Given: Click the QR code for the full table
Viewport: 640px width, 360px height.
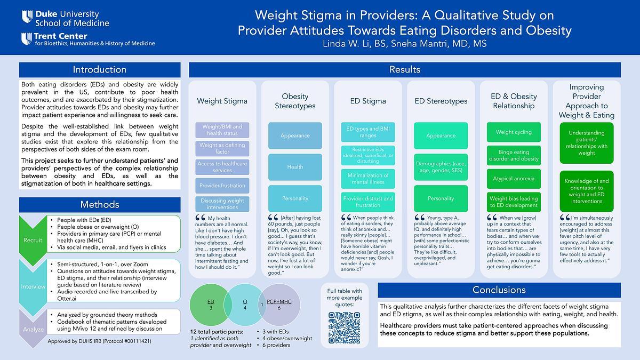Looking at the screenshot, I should pyautogui.click(x=345, y=327).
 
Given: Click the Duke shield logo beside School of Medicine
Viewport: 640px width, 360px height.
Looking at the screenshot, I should pyautogui.click(x=27, y=17).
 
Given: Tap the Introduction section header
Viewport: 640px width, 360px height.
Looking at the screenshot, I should pyautogui.click(x=100, y=70).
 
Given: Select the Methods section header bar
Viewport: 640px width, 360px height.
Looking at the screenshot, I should pyautogui.click(x=100, y=204).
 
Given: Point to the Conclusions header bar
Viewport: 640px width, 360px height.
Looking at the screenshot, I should pyautogui.click(x=499, y=290).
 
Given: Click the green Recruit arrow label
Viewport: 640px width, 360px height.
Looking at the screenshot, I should pyautogui.click(x=33, y=240).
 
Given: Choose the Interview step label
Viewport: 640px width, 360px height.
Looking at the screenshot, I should pyautogui.click(x=33, y=286).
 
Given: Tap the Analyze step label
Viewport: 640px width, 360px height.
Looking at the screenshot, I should pyautogui.click(x=33, y=330).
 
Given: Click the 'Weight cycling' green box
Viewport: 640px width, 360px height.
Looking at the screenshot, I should pyautogui.click(x=514, y=132).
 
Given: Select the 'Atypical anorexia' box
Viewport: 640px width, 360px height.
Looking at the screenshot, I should pyautogui.click(x=514, y=179).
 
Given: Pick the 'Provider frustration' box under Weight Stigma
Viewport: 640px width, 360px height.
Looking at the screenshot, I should pyautogui.click(x=222, y=186).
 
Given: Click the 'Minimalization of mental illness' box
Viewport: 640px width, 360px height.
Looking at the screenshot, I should pyautogui.click(x=368, y=179).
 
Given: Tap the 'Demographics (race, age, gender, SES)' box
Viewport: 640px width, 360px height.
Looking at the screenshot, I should pyautogui.click(x=441, y=167).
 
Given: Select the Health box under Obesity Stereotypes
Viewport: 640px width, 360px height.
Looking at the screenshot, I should pyautogui.click(x=295, y=167).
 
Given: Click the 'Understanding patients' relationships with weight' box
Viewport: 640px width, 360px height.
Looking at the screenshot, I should pyautogui.click(x=587, y=142).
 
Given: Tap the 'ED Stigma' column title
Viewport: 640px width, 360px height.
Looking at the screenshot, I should pyautogui.click(x=368, y=101).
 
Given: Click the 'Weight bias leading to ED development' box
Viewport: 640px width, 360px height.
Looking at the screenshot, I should pyautogui.click(x=514, y=202).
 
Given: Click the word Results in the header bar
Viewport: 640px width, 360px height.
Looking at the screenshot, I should pyautogui.click(x=405, y=70).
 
